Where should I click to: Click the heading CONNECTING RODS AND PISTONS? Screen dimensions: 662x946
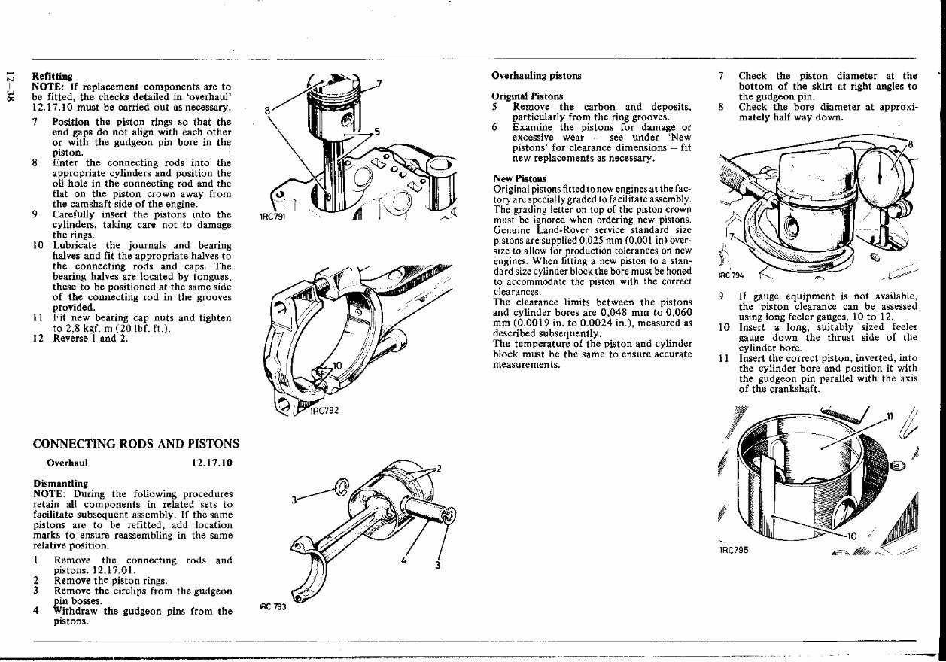pyautogui.click(x=136, y=444)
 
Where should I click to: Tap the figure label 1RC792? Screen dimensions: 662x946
pyautogui.click(x=327, y=411)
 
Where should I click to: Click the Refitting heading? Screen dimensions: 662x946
pyautogui.click(x=52, y=76)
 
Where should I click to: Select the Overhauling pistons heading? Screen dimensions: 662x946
pyautogui.click(x=536, y=76)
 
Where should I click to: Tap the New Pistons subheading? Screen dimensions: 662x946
pyautogui.click(x=520, y=178)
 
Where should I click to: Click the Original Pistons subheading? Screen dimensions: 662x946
pyautogui.click(x=527, y=96)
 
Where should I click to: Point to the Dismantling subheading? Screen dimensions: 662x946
pyautogui.click(x=61, y=483)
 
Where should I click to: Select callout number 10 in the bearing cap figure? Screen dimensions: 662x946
pyautogui.click(x=336, y=366)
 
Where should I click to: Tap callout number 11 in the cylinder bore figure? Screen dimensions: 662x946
pyautogui.click(x=890, y=417)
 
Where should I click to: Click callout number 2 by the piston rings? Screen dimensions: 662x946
pyautogui.click(x=439, y=469)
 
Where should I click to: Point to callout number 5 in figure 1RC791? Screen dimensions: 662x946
pyautogui.click(x=377, y=132)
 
